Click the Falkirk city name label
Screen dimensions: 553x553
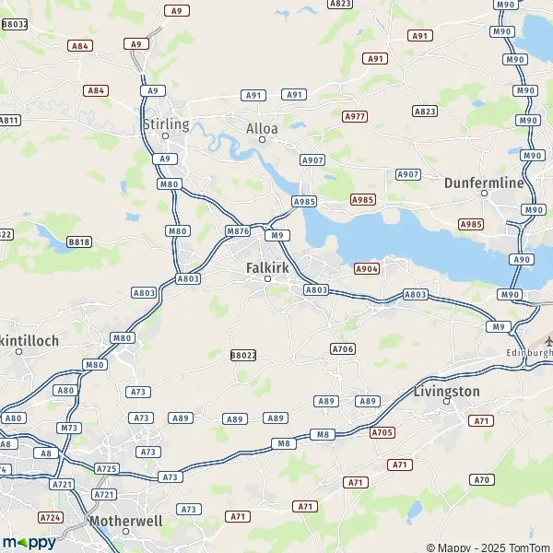point(268,267)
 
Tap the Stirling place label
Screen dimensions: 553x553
point(166,124)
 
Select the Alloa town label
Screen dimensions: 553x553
point(262,128)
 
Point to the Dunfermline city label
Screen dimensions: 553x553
point(484,182)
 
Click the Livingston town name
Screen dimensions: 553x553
point(447,392)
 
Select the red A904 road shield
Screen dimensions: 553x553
point(367,268)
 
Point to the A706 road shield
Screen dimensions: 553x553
point(343,348)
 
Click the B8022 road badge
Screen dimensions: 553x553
point(243,355)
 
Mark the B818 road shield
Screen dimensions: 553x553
point(79,242)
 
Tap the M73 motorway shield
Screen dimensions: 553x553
point(69,428)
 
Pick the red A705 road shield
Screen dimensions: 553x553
point(382,432)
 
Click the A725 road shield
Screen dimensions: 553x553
point(107,469)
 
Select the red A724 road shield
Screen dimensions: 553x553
point(52,517)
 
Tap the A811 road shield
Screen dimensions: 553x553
point(9,120)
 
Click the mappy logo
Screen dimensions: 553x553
point(29,542)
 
